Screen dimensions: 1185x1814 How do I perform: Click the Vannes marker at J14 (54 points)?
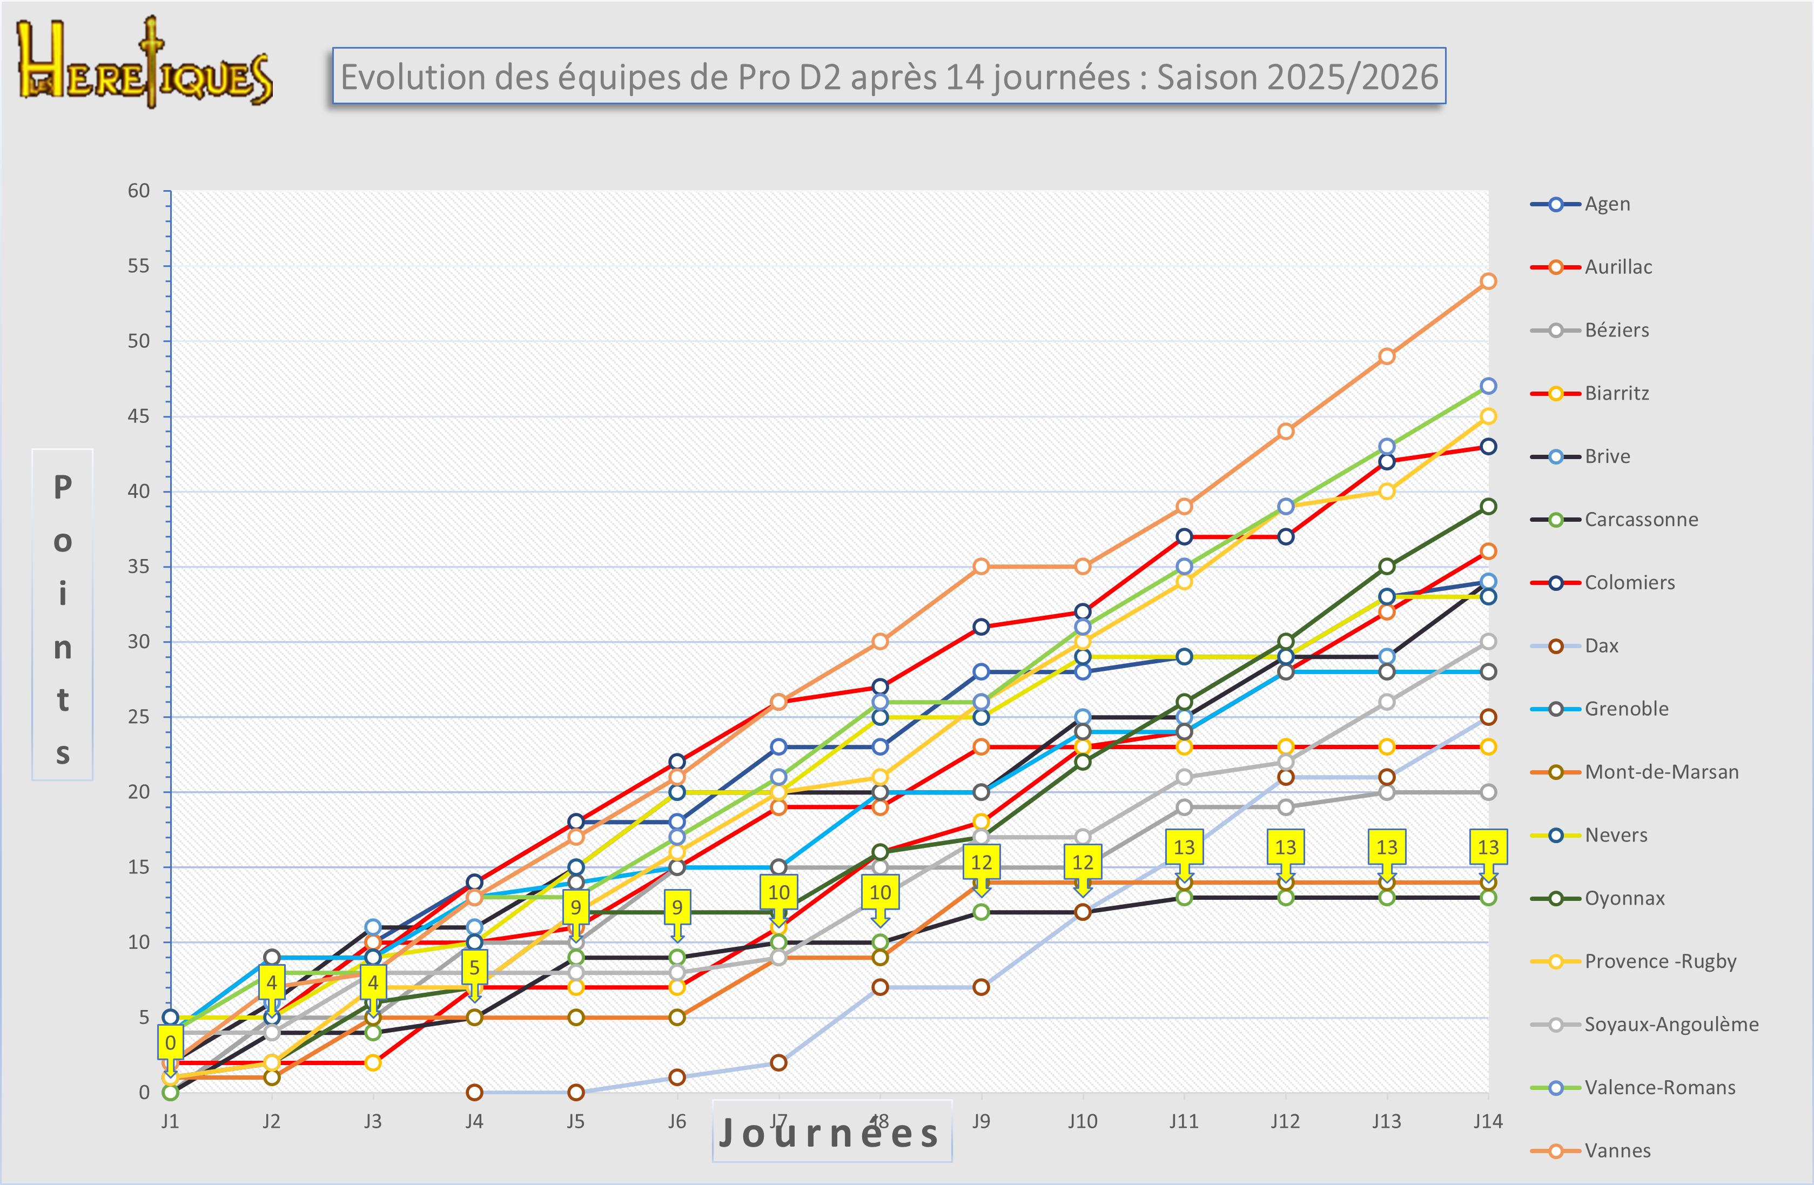click(1488, 281)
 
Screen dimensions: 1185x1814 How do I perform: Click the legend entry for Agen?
click(1607, 204)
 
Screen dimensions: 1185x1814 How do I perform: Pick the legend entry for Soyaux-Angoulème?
click(1671, 1024)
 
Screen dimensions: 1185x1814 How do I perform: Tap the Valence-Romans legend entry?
click(1660, 1087)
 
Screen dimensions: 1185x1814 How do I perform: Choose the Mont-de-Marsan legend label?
click(1661, 772)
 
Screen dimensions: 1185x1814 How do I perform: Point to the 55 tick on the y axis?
click(139, 266)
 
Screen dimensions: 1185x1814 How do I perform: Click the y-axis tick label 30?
click(139, 642)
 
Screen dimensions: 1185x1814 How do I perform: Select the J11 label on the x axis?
click(1184, 1121)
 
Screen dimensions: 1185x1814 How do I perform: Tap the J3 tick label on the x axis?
click(373, 1121)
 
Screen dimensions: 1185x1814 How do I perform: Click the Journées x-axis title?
click(831, 1133)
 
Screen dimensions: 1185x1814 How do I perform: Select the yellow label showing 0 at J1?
click(171, 1042)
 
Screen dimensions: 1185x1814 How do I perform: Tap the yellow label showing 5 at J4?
click(474, 967)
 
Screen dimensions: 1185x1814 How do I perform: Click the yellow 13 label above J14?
click(1488, 847)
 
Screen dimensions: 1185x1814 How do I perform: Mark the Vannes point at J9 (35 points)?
click(981, 566)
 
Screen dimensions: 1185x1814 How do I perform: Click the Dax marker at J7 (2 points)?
click(778, 1062)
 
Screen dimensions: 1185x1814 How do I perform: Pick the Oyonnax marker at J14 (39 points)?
click(1488, 506)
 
